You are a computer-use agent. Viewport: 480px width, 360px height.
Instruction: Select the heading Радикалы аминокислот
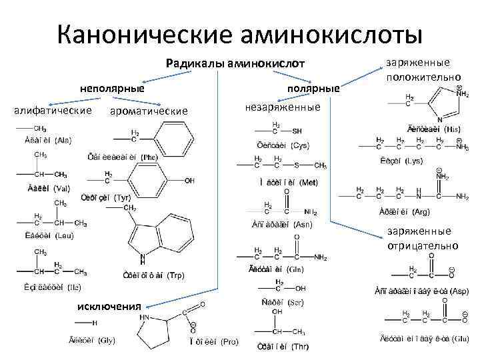pos(235,63)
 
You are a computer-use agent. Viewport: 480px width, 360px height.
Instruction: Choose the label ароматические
pos(148,110)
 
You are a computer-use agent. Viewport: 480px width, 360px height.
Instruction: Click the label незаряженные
pos(283,107)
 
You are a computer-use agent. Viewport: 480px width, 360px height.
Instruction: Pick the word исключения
pos(108,306)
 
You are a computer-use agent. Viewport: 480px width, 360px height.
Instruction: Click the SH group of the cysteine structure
pos(297,131)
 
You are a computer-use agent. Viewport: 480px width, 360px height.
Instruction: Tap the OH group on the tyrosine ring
pos(190,181)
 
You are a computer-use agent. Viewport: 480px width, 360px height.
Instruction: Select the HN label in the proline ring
pos(145,317)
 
